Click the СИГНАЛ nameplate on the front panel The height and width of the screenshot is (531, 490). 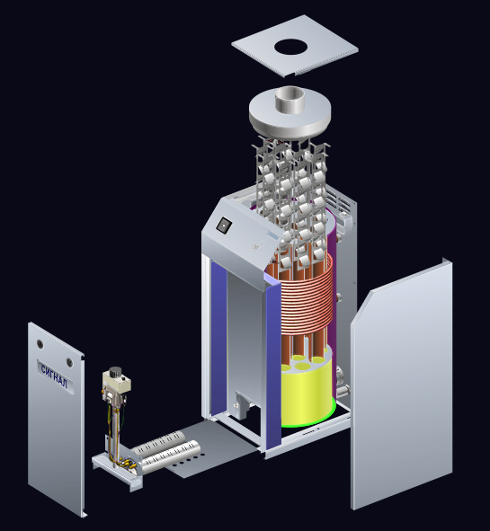(56, 376)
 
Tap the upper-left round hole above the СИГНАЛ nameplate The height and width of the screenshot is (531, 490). (40, 344)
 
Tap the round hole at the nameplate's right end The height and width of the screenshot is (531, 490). (69, 363)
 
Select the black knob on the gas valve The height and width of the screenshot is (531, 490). (115, 371)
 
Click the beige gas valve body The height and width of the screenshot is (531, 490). (117, 382)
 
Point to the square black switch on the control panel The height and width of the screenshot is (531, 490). (225, 225)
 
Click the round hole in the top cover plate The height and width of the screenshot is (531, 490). (290, 47)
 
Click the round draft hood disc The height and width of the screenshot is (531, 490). (290, 115)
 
